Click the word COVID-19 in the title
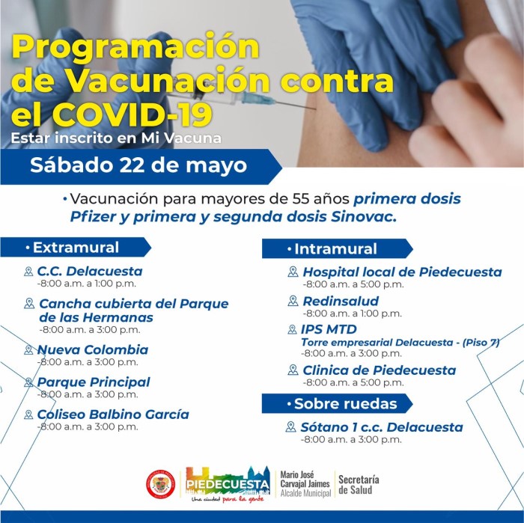[x=132, y=114]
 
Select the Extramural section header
[x=76, y=248]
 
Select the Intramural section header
[x=337, y=249]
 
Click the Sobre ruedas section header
[x=337, y=404]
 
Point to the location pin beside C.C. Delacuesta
[x=28, y=271]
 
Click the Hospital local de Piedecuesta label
[x=402, y=272]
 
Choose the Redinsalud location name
[x=341, y=301]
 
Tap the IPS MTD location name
[x=329, y=329]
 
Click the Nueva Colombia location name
[x=93, y=349]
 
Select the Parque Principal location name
[x=94, y=382]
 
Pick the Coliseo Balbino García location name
[x=113, y=415]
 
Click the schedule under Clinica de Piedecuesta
[x=353, y=382]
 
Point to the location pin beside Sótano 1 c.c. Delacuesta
[x=290, y=426]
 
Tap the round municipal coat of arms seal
[x=161, y=485]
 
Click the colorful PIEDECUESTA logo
[x=228, y=484]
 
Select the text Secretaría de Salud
[x=359, y=485]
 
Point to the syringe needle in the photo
[x=294, y=104]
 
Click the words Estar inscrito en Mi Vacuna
[x=116, y=138]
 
